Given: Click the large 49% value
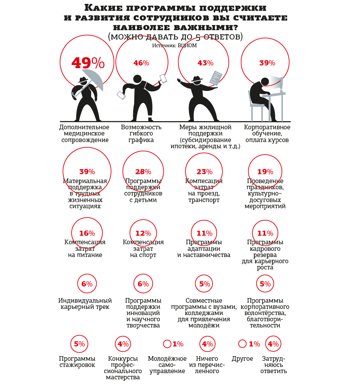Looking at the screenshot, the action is tap(88, 63).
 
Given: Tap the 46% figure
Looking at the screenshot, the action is tap(141, 63).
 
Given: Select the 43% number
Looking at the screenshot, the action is tap(206, 63).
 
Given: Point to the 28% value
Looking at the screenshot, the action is tap(143, 172).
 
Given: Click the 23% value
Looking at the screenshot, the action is tap(204, 172).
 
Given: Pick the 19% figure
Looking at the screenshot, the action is tap(265, 172).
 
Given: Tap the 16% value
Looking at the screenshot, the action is tap(87, 233).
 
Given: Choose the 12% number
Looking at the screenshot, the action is tap(143, 233).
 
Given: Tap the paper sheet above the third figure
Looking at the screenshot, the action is tap(216, 78).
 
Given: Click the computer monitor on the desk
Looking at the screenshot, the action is tap(281, 84).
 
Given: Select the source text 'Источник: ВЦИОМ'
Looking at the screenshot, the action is tap(175, 45).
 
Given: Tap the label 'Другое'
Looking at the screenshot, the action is tap(242, 359).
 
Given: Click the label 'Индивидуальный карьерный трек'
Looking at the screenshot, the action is tap(85, 304).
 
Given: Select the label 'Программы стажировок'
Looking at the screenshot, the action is tap(77, 362).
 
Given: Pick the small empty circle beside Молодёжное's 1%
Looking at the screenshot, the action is tap(167, 344).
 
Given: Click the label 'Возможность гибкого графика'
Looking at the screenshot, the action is tap(141, 134).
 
